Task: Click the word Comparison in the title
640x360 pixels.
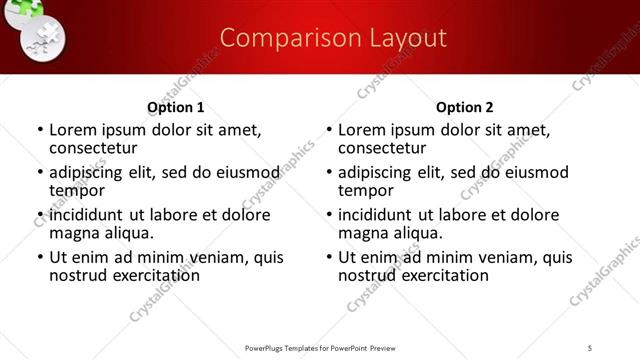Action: tap(281, 39)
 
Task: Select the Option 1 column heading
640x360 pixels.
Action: tap(176, 107)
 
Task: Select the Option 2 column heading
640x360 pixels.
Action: tap(465, 107)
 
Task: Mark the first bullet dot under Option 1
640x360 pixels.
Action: tap(40, 130)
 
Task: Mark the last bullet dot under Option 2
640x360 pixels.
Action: tap(329, 258)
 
